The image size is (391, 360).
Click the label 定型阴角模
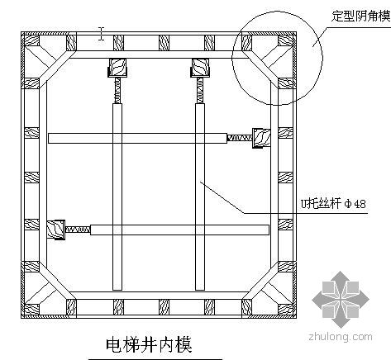(360, 16)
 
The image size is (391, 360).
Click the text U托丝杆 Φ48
(333, 204)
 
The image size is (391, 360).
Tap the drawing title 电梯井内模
(149, 345)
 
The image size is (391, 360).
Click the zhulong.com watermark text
(341, 336)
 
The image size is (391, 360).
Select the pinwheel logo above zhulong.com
(341, 299)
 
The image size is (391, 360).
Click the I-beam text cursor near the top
(102, 34)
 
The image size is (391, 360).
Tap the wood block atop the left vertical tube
(117, 68)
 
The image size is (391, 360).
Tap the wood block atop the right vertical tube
(200, 68)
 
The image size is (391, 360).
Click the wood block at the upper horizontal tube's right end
(261, 138)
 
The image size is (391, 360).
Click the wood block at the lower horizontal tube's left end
(56, 230)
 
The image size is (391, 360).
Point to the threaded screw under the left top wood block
(117, 90)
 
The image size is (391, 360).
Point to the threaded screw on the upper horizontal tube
(240, 138)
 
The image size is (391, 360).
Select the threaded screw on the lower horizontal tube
(78, 230)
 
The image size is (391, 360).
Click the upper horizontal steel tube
(138, 138)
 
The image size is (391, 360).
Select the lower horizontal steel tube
(179, 230)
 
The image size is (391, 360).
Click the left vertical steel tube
(117, 197)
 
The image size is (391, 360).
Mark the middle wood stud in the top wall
(164, 43)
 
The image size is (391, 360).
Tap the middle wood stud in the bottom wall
(164, 307)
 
